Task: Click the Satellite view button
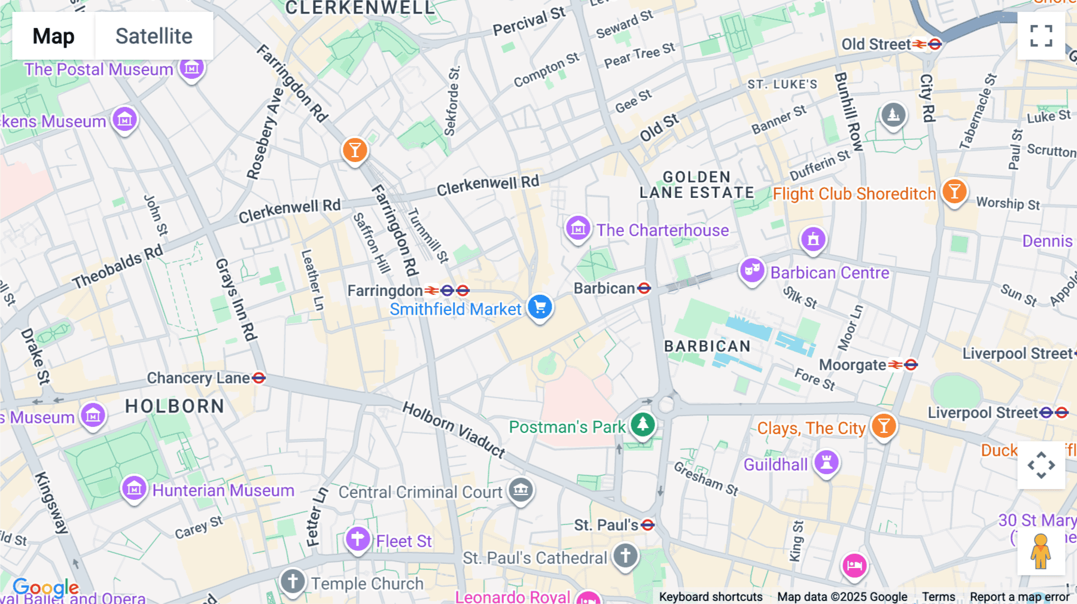[154, 36]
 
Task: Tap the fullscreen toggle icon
[1041, 36]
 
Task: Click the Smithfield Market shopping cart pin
[540, 307]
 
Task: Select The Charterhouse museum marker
[578, 228]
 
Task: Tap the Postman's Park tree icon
[643, 425]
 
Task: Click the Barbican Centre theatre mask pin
[752, 270]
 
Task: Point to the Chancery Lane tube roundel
[258, 378]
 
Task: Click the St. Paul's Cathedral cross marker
[625, 556]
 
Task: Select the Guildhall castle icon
[826, 462]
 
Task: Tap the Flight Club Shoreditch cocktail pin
[954, 191]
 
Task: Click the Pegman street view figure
[1041, 551]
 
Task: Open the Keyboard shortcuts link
[710, 596]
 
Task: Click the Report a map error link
[1019, 596]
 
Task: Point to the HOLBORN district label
[175, 406]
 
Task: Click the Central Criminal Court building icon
[521, 490]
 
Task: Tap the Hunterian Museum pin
[134, 489]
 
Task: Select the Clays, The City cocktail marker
[883, 426]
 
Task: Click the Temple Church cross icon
[293, 581]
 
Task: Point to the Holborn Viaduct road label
[454, 429]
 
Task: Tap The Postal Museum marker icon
[191, 68]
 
